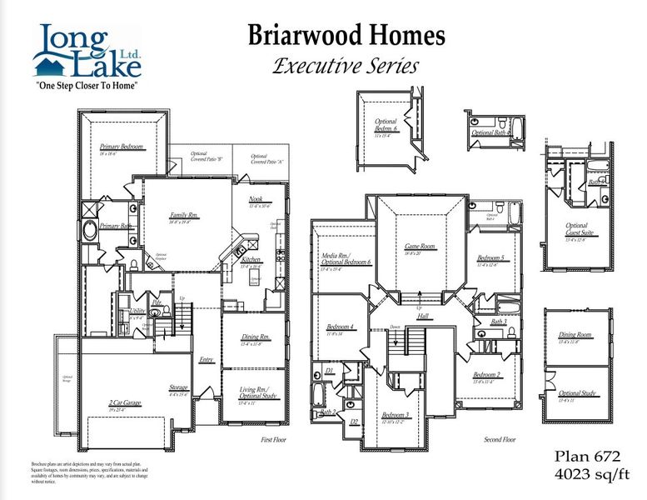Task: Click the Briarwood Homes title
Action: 346,36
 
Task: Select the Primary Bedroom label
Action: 122,147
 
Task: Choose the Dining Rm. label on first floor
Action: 251,337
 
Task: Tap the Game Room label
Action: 420,247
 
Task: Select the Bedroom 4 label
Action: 341,326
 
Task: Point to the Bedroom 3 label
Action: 396,414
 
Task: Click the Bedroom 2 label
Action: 487,375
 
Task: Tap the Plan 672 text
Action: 586,457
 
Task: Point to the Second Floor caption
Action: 500,439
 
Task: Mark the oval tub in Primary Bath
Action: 90,230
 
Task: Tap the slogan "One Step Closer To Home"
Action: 86,85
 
